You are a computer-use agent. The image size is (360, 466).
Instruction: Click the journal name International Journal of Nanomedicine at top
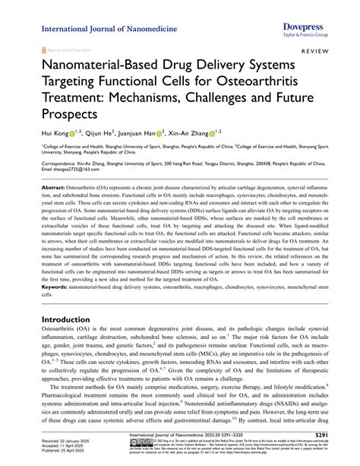(x=110, y=29)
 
